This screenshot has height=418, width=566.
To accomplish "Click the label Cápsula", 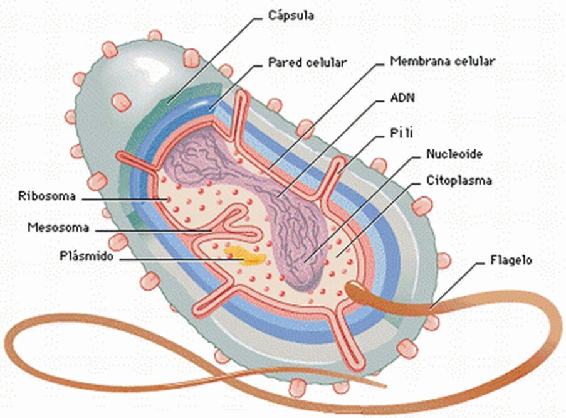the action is tap(291, 16).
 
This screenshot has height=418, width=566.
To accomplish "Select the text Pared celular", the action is tap(307, 62).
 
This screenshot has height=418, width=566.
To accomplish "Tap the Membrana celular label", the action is tap(443, 61).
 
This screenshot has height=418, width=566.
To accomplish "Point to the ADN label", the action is tap(402, 98).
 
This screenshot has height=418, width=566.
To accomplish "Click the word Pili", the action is tap(401, 133).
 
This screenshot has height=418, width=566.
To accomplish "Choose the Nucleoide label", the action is tap(454, 154).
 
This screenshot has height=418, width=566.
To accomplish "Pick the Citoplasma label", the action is tap(459, 180).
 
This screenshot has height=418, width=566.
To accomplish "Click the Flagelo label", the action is tap(511, 260).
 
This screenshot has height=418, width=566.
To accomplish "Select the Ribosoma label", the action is tap(47, 196).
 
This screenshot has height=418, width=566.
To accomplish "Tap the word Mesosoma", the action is tap(58, 227).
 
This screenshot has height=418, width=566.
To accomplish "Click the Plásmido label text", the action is tap(86, 256).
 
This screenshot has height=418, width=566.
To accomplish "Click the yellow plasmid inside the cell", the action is tap(244, 256).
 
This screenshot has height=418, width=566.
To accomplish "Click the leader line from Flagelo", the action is tap(456, 286).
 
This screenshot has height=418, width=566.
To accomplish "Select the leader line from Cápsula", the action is tap(214, 60).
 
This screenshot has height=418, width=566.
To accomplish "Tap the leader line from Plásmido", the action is tap(182, 259).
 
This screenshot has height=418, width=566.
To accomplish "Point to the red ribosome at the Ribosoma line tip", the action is tap(167, 199).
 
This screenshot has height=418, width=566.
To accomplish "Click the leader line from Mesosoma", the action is tap(154, 230).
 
